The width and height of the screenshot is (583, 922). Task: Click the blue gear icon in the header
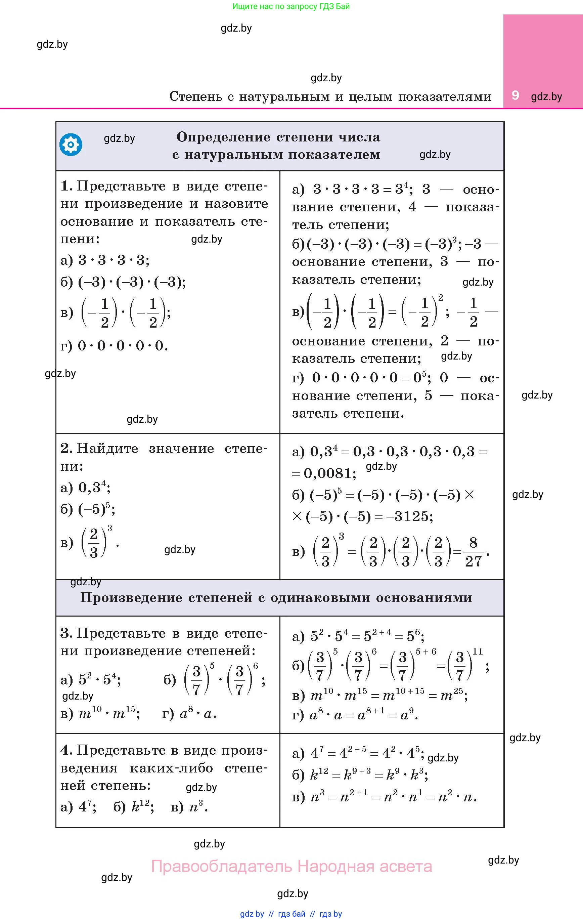[x=71, y=145]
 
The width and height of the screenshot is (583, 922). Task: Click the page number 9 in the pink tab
[x=515, y=95]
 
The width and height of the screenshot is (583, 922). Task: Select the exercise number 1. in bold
[x=66, y=186]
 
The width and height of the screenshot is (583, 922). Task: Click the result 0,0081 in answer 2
[x=328, y=474]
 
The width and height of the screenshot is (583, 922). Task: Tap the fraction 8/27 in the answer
[x=473, y=552]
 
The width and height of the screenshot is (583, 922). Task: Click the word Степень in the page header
[x=196, y=96]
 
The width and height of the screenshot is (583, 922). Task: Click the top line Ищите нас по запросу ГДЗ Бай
[x=291, y=6]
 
